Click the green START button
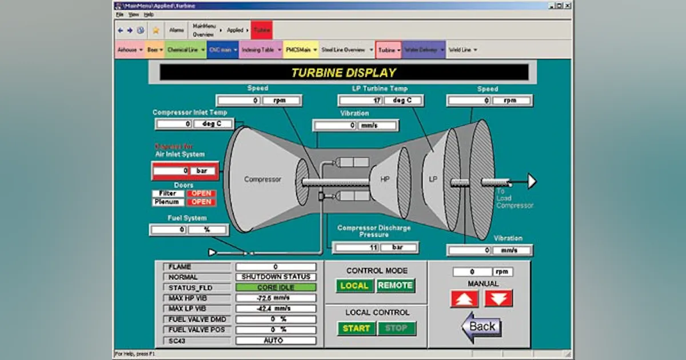coord(356,329)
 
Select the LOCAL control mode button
coord(354,286)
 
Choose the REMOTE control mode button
coord(395,286)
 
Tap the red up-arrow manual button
coord(464,298)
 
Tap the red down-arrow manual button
coord(498,298)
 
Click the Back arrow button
coord(481,326)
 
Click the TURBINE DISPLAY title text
coord(344,73)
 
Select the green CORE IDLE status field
coord(276,287)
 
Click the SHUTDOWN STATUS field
coord(276,277)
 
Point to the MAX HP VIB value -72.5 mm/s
coord(276,298)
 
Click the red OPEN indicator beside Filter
coord(201,193)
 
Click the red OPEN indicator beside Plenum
coord(201,202)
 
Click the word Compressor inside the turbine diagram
coord(262,179)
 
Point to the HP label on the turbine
coord(385,179)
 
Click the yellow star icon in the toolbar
coord(155,30)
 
